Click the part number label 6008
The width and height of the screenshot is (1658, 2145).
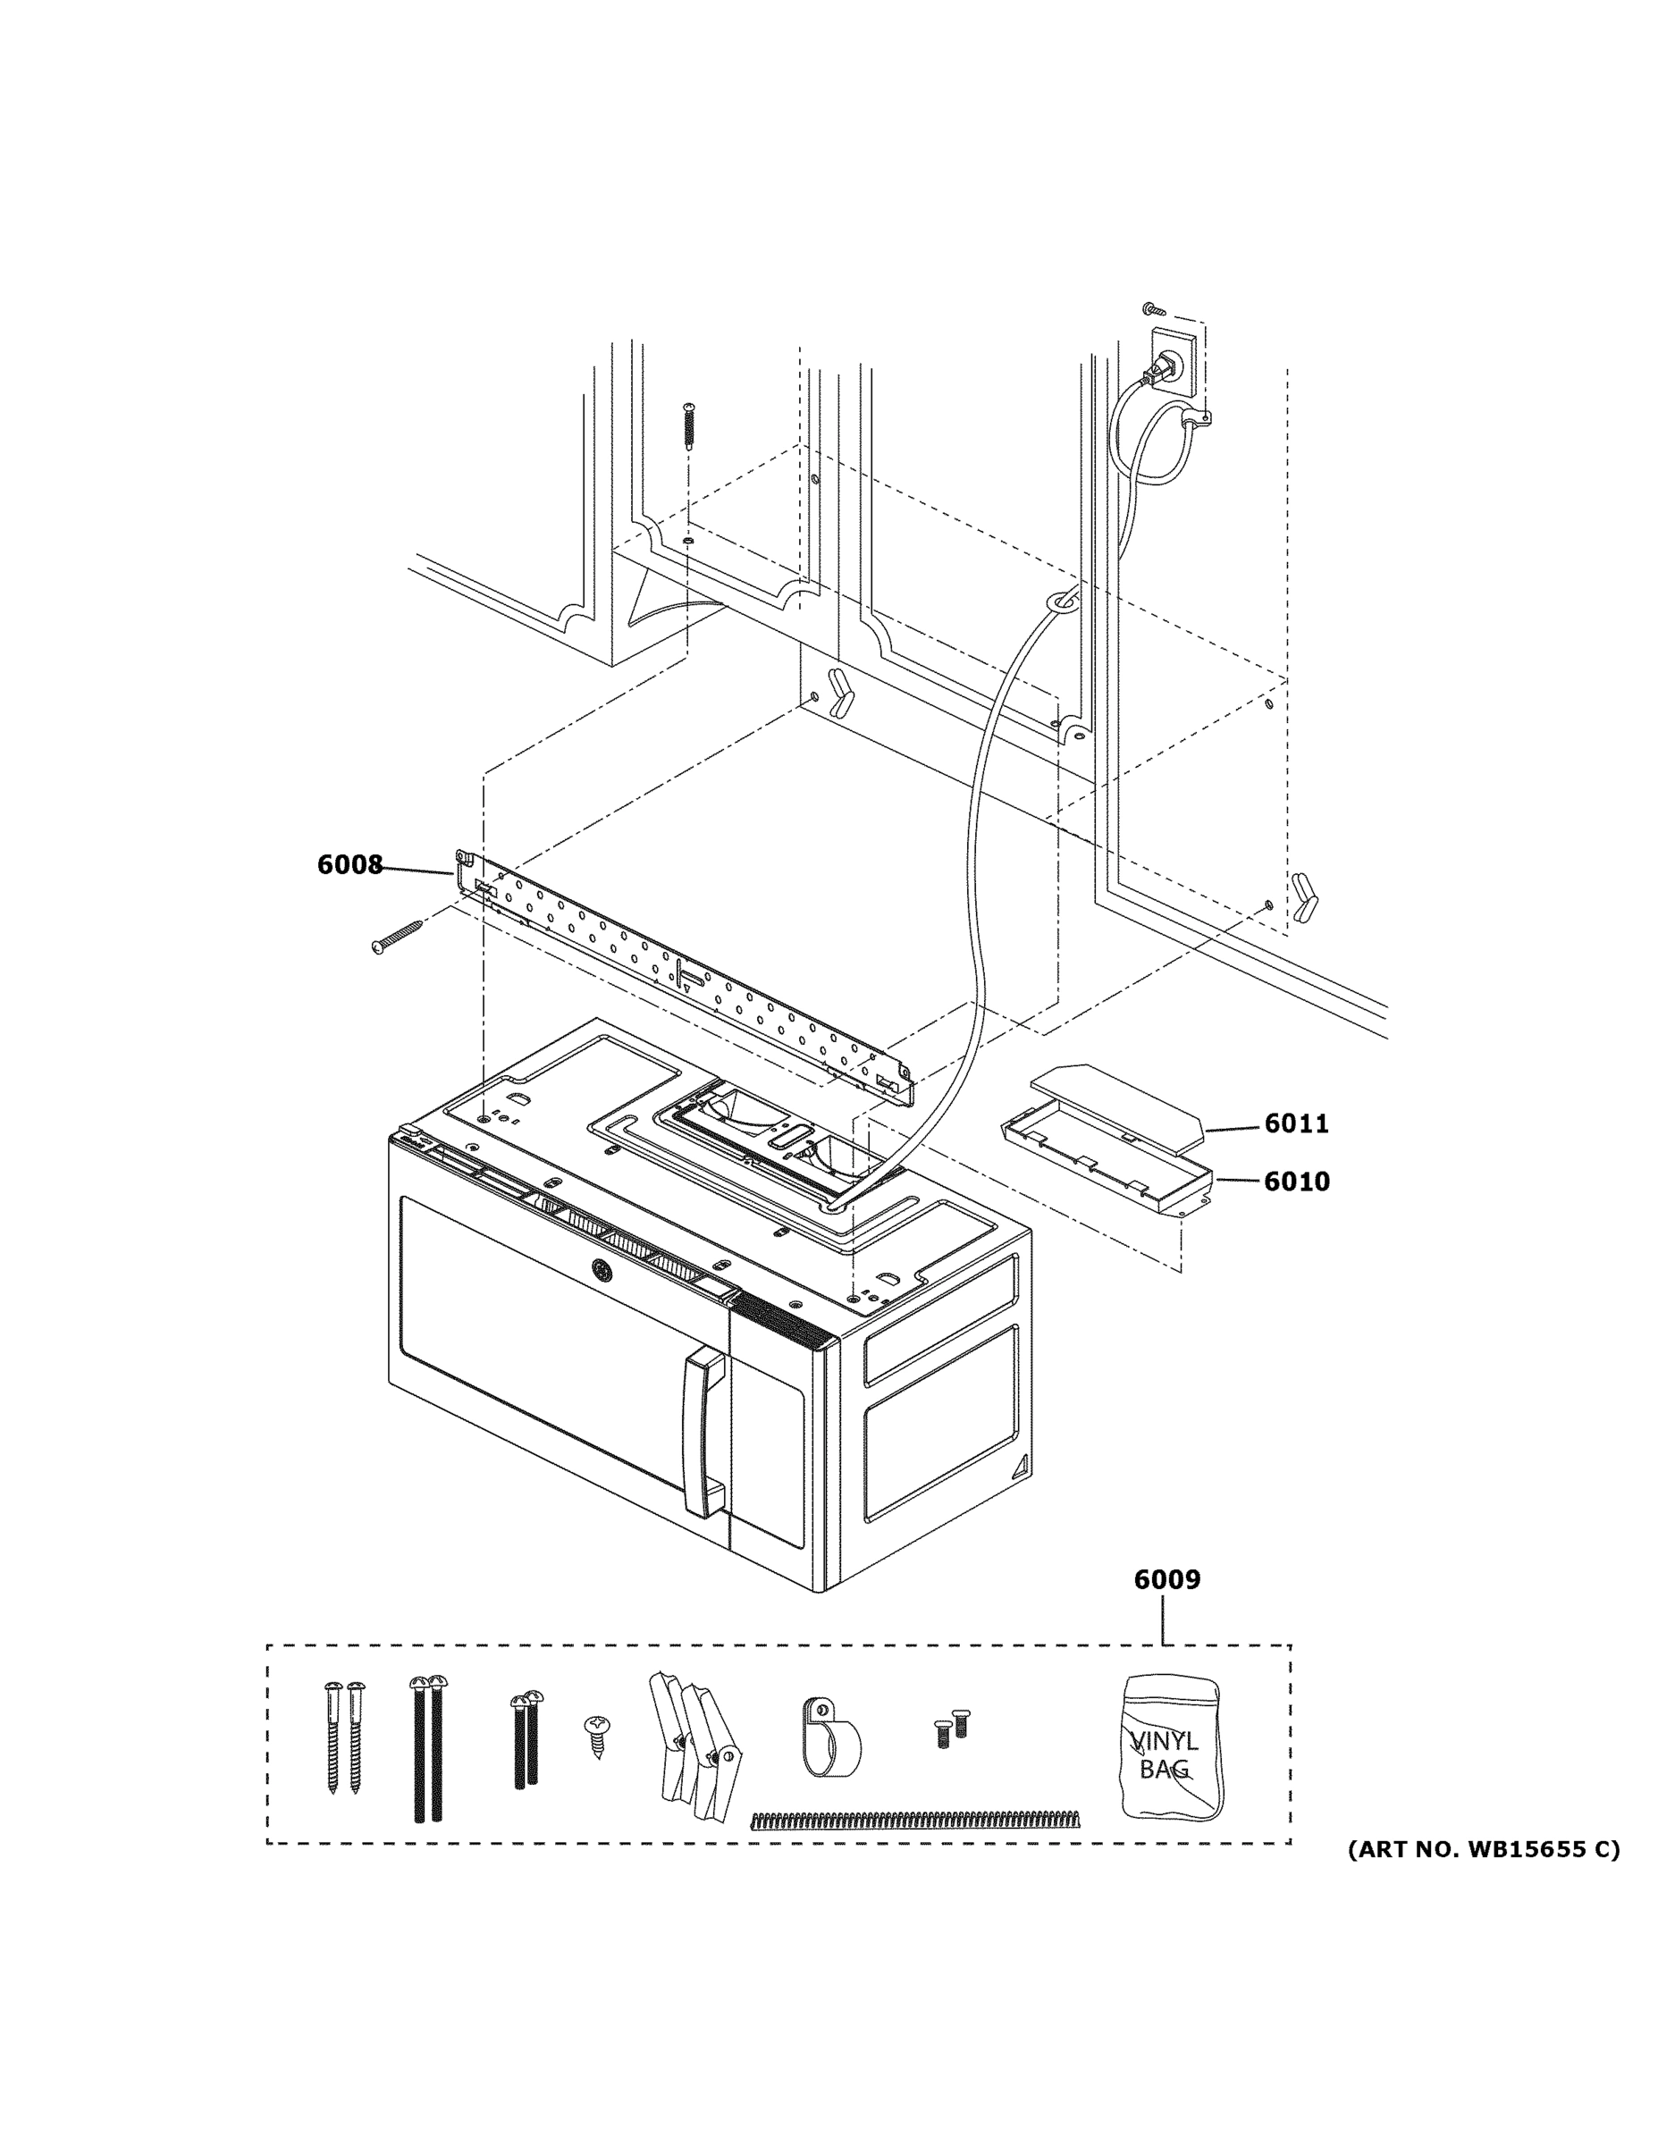coord(349,865)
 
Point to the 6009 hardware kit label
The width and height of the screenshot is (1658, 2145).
coord(1166,1579)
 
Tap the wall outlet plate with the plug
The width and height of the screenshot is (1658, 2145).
coord(1173,362)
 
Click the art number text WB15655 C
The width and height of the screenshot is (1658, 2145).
coord(1482,1850)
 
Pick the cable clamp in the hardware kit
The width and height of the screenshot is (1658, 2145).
coord(830,1737)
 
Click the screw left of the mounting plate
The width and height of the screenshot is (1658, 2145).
coord(397,934)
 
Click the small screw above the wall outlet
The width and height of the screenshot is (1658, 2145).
coord(1154,310)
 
